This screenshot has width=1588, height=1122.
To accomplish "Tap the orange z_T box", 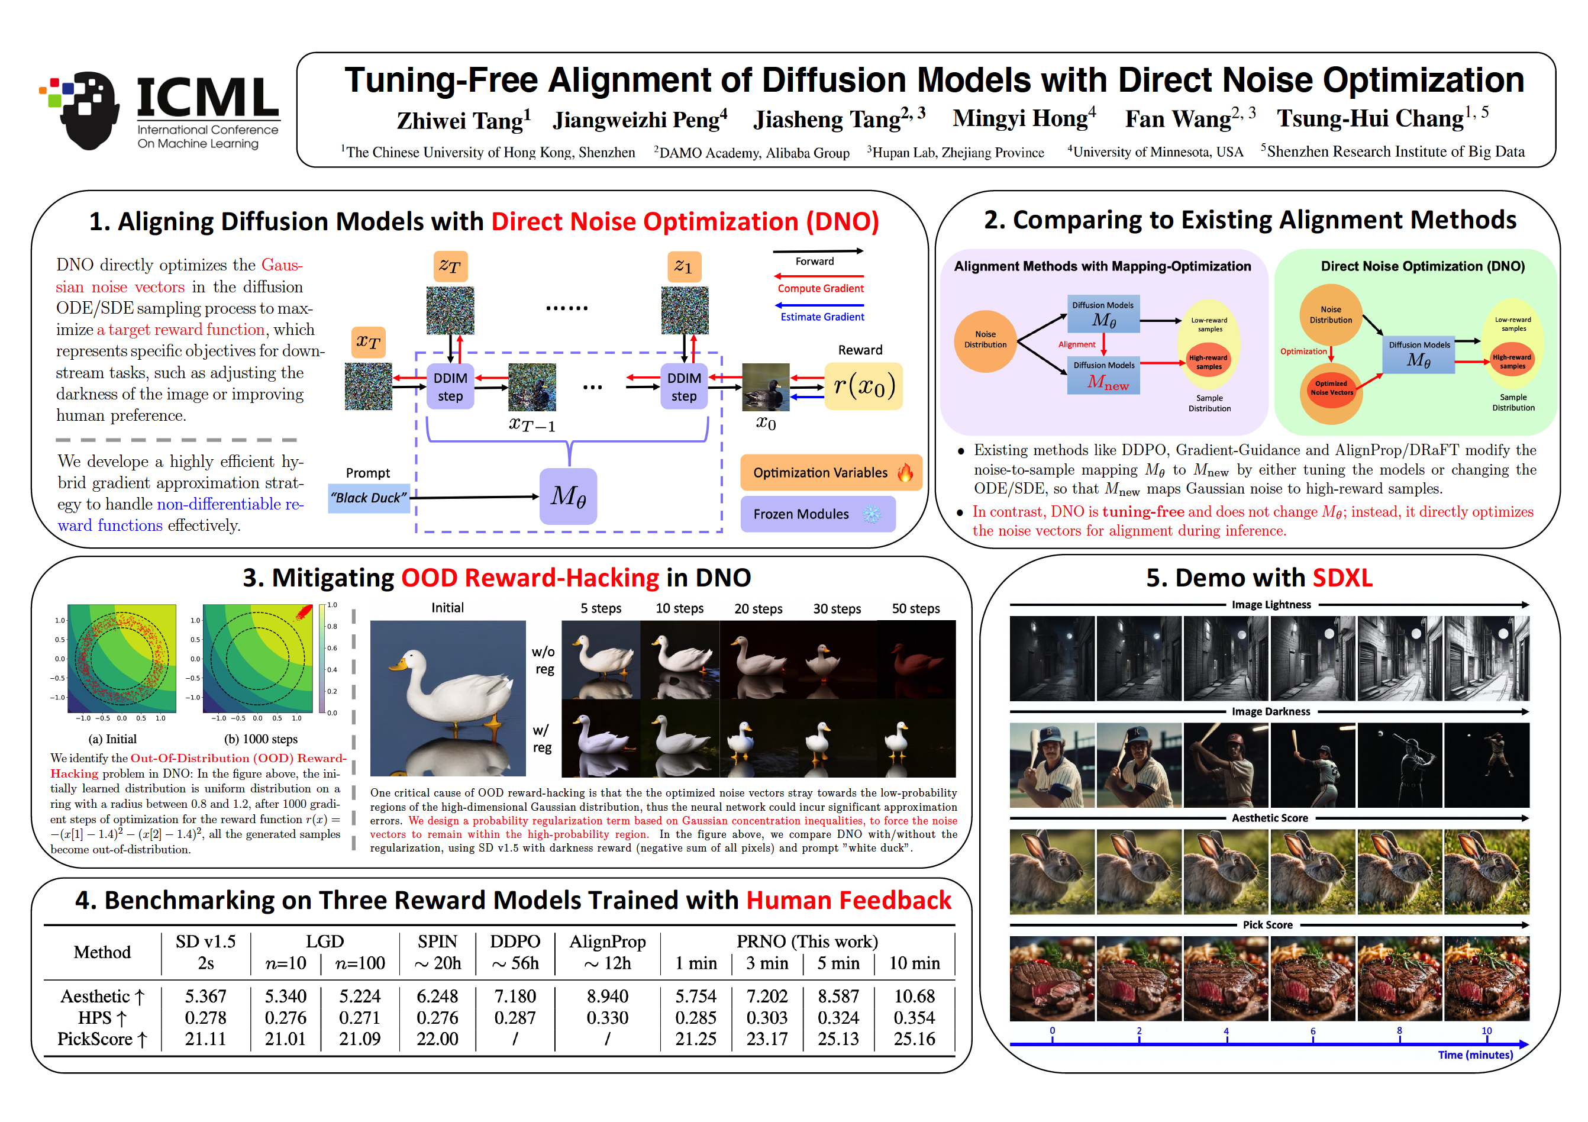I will point(450,266).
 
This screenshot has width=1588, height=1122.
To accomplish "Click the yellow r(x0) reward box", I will point(864,386).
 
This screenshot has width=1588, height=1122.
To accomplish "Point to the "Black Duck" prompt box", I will point(369,498).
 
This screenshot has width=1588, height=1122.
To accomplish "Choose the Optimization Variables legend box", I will point(831,472).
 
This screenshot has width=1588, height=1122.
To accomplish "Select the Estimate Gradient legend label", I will point(822,317).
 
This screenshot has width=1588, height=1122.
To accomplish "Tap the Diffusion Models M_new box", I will point(1103,376).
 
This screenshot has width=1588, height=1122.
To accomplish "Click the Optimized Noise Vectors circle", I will point(1331,388).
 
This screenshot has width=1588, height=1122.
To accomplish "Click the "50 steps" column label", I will point(915,609).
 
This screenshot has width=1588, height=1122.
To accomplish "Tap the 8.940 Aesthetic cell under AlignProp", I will point(607,996).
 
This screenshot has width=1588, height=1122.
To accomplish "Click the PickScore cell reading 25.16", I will point(914,1039).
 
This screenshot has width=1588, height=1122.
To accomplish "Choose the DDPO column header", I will point(515,942).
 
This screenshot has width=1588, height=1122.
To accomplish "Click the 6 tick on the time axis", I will point(1313,1031).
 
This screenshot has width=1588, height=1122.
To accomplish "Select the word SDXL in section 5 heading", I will point(1342,578).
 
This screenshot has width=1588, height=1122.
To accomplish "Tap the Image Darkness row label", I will point(1270,712).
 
